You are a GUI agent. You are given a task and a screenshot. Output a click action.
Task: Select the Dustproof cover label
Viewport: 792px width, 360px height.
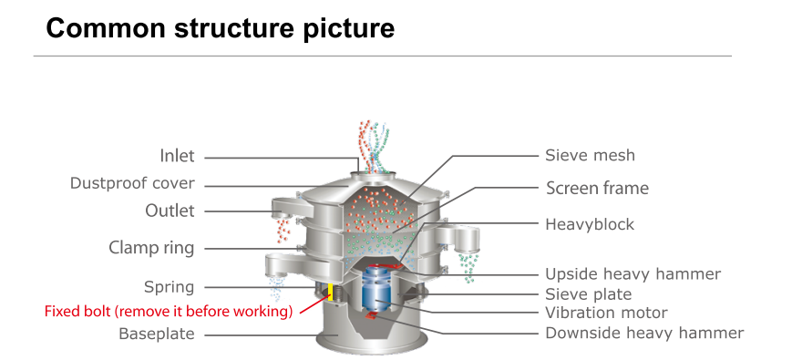tap(132, 183)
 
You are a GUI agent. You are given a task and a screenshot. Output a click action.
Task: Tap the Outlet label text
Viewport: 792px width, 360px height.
tap(170, 211)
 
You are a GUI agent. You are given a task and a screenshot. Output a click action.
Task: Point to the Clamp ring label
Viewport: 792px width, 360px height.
tap(151, 247)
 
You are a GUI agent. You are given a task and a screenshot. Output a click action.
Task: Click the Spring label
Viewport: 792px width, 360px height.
tap(170, 287)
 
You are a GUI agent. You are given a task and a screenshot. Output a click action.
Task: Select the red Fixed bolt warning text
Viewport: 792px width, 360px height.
tap(169, 311)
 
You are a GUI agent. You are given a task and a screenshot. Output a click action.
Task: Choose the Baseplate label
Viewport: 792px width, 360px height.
tap(157, 334)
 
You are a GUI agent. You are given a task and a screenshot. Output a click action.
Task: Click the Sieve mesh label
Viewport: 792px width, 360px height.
tap(590, 155)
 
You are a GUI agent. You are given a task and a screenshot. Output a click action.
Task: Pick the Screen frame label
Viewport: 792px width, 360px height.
tap(597, 189)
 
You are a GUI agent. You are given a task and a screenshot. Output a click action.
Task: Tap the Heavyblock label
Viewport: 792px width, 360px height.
tap(590, 223)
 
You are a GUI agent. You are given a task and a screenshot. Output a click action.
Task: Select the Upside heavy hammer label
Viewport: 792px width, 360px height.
tap(633, 273)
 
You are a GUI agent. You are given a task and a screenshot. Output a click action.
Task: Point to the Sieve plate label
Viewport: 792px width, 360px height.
tap(588, 293)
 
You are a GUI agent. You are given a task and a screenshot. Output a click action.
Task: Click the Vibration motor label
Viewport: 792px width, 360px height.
tap(605, 313)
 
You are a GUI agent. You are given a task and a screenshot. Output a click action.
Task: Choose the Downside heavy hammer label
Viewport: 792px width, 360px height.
tap(644, 333)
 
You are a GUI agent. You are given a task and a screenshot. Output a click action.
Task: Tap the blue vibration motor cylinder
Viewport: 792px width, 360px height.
tap(375, 290)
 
